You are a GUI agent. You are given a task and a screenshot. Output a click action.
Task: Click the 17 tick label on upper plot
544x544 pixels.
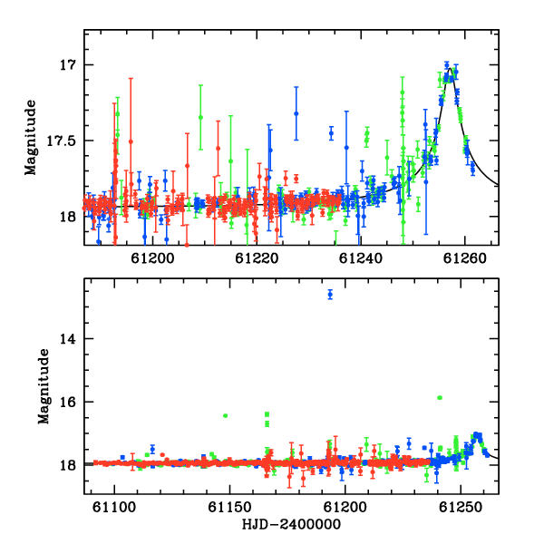click(x=67, y=65)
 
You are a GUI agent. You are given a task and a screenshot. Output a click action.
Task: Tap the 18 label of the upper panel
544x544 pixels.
click(x=67, y=218)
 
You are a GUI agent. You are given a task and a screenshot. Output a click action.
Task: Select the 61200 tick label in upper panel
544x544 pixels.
click(x=152, y=258)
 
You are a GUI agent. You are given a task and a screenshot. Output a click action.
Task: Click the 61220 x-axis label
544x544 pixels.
click(x=257, y=258)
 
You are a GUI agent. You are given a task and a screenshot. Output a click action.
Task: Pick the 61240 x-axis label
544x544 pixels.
click(x=361, y=258)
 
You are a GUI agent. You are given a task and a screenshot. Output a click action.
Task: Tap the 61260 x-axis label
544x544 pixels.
click(x=464, y=258)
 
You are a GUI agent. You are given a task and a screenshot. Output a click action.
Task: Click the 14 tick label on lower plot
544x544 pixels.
click(x=67, y=339)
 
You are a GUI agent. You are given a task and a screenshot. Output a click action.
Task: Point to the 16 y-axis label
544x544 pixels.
click(x=67, y=402)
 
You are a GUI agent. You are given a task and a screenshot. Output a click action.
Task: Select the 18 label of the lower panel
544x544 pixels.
click(x=67, y=466)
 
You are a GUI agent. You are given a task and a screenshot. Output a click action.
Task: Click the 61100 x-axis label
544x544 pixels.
click(x=114, y=507)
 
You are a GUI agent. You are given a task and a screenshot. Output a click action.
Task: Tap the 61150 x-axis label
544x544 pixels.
click(x=229, y=507)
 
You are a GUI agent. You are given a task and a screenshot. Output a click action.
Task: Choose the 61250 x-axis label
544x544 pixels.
click(x=461, y=507)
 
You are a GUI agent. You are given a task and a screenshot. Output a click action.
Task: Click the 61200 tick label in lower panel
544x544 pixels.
click(x=345, y=507)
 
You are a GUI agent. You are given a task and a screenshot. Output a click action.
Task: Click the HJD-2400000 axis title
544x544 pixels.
click(x=291, y=524)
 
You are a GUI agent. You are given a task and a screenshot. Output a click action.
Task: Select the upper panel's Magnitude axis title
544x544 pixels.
click(x=31, y=138)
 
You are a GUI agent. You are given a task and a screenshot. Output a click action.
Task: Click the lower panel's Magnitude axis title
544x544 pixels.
click(x=44, y=386)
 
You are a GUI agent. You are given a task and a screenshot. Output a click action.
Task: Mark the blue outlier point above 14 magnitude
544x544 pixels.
click(x=330, y=295)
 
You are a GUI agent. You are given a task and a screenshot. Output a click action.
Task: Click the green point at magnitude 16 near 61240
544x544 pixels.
click(x=440, y=398)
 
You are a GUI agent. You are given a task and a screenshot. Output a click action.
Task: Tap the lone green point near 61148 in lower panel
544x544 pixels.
click(x=225, y=415)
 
